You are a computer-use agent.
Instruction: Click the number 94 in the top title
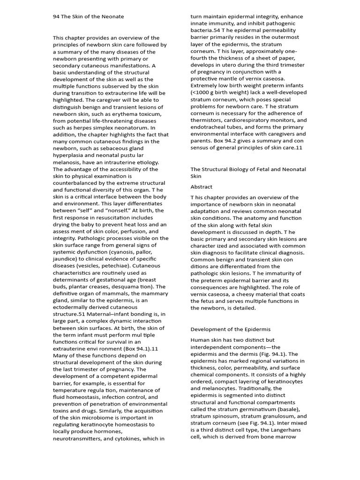coord(56,16)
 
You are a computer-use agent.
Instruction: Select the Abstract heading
coord(201,187)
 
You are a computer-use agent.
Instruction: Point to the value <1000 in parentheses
coord(201,92)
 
